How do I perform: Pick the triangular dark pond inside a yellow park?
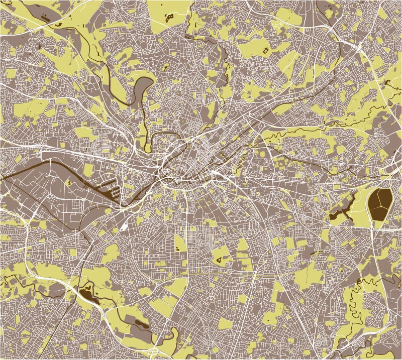point(220,259)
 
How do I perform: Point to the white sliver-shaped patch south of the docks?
point(124,225)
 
